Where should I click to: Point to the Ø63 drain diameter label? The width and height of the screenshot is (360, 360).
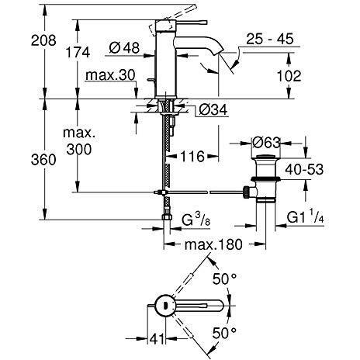tap(268, 143)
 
